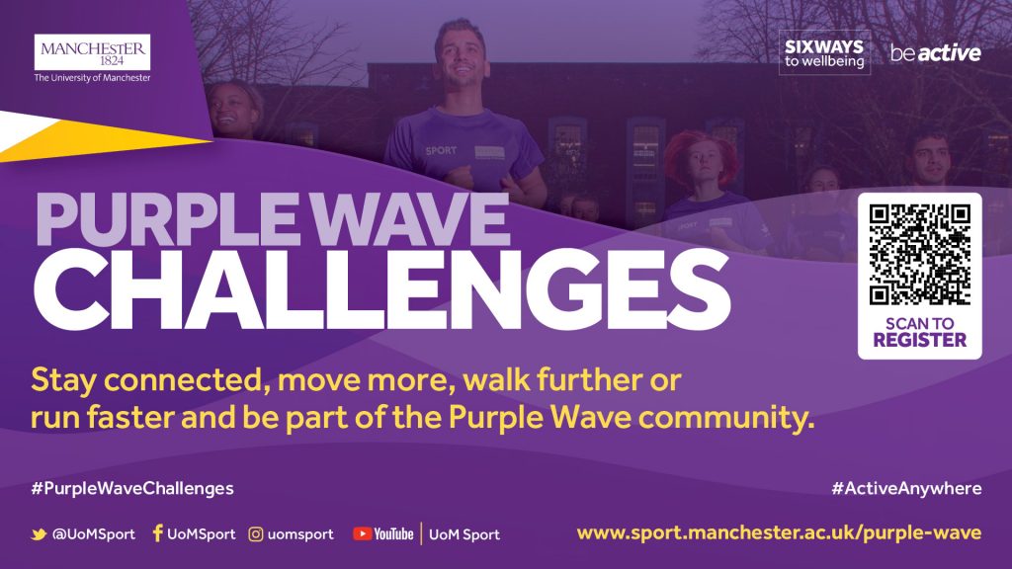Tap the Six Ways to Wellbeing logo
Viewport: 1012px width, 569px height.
coord(824,53)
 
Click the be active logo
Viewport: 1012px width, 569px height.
coord(935,53)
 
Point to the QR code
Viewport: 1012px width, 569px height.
coord(920,254)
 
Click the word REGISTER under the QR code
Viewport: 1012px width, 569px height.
coord(920,340)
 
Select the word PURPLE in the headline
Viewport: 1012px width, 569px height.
coord(166,218)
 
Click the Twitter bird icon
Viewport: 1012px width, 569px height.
coord(39,534)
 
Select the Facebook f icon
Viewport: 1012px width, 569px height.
coord(157,532)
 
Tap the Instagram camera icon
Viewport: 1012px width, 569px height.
coord(256,534)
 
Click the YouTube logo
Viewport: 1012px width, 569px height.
coord(382,534)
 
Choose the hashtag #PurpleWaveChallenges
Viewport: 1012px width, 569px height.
coord(132,488)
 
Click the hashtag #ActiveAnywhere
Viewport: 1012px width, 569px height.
coord(906,488)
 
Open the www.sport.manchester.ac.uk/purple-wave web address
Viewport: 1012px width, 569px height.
coord(779,533)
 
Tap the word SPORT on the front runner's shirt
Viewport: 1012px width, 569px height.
coord(441,150)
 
